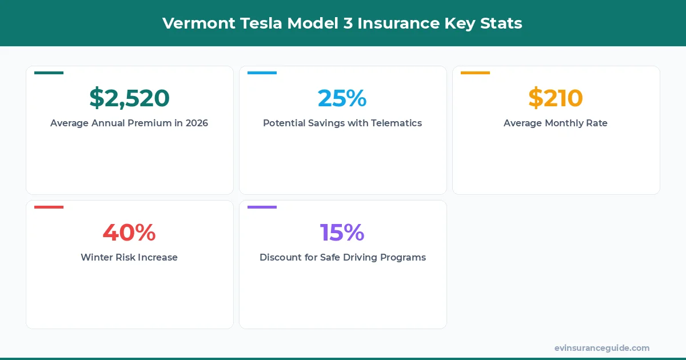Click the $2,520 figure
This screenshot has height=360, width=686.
pyautogui.click(x=129, y=98)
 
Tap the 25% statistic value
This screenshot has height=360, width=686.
pyautogui.click(x=342, y=98)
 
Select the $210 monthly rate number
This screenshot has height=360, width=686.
pyautogui.click(x=555, y=98)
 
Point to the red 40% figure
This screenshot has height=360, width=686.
pyautogui.click(x=129, y=233)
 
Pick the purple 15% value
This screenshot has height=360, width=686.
pyautogui.click(x=342, y=233)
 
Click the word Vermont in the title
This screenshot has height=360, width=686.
pyautogui.click(x=192, y=23)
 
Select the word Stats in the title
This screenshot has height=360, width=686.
pyautogui.click(x=504, y=23)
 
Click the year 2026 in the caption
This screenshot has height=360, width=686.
pyautogui.click(x=197, y=123)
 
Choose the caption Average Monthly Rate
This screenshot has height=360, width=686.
pyautogui.click(x=555, y=123)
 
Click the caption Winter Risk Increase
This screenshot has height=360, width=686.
pyautogui.click(x=129, y=257)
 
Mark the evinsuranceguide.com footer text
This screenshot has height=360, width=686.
pyautogui.click(x=601, y=348)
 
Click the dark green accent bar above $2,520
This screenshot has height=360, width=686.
pyautogui.click(x=49, y=73)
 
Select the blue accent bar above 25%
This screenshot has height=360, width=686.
pyautogui.click(x=262, y=73)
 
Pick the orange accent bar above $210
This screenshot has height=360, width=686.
pyautogui.click(x=475, y=73)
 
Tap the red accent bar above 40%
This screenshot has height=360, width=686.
pyautogui.click(x=49, y=207)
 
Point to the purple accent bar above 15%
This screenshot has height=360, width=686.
pyautogui.click(x=262, y=207)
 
